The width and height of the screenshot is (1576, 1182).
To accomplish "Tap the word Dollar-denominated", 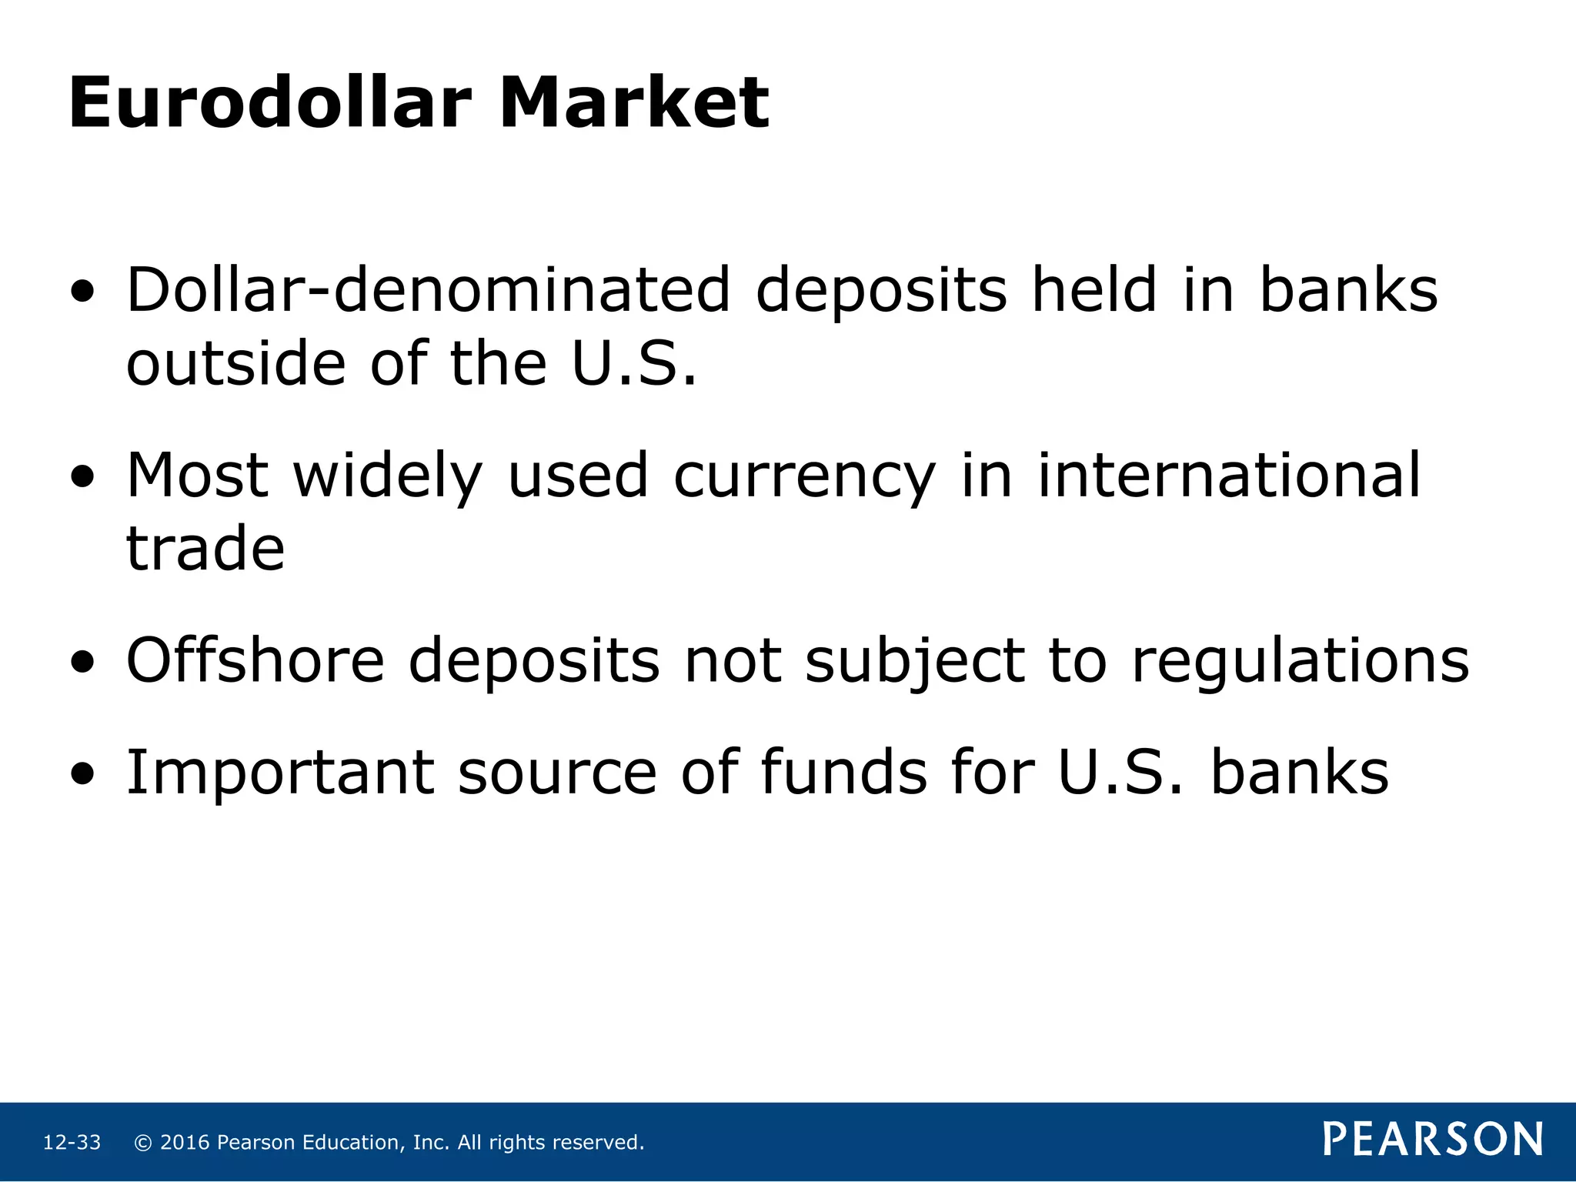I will pos(428,290).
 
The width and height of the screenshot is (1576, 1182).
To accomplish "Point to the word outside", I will pos(235,363).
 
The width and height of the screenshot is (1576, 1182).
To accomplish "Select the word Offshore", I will pos(255,660).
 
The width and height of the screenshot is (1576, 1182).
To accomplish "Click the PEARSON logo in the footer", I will pos(1433,1140).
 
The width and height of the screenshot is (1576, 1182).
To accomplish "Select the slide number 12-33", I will pos(72,1143).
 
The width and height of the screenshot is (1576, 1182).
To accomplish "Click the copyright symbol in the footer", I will pos(142,1143).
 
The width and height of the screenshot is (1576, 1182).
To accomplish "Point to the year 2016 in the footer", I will pos(185,1143).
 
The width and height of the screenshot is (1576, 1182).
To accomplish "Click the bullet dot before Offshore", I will pos(82,662).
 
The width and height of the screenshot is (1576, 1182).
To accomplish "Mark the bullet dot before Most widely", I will pos(82,477).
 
